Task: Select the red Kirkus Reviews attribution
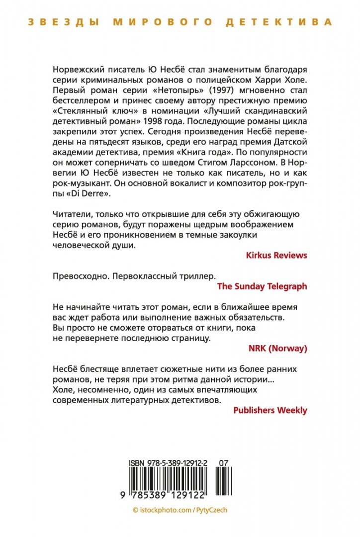pyautogui.click(x=276, y=255)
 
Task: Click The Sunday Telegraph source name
pyautogui.click(x=263, y=286)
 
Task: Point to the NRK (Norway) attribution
pyautogui.click(x=277, y=348)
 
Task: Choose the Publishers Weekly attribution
pyautogui.click(x=270, y=410)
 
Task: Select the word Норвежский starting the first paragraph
pyautogui.click(x=81, y=70)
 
